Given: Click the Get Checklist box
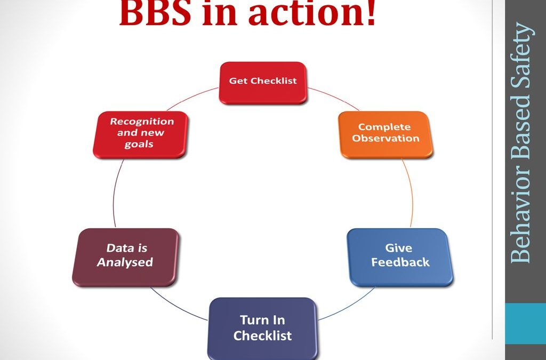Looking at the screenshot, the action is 263,83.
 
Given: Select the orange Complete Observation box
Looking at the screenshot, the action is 386,135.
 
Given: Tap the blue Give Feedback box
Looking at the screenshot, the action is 400,257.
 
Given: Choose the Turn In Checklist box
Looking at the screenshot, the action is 262,329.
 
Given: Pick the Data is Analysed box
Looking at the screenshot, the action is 125,257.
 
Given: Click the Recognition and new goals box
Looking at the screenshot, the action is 140,135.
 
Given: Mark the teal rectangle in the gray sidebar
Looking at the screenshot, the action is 525,323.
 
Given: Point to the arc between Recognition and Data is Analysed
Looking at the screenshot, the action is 114,193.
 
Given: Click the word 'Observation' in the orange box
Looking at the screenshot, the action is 386,138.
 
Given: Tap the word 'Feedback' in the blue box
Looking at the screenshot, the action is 400,262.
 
